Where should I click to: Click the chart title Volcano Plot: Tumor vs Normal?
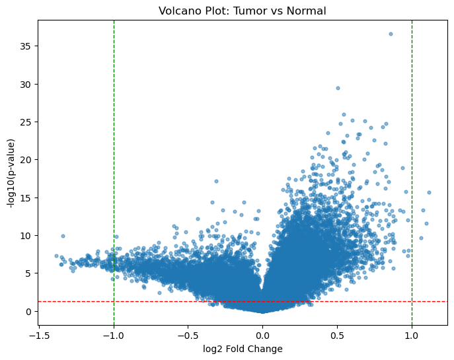(243, 11)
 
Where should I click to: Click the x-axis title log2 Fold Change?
(243, 349)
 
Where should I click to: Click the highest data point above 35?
(391, 34)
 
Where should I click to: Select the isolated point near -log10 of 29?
(338, 88)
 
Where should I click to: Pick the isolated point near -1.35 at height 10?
(63, 236)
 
